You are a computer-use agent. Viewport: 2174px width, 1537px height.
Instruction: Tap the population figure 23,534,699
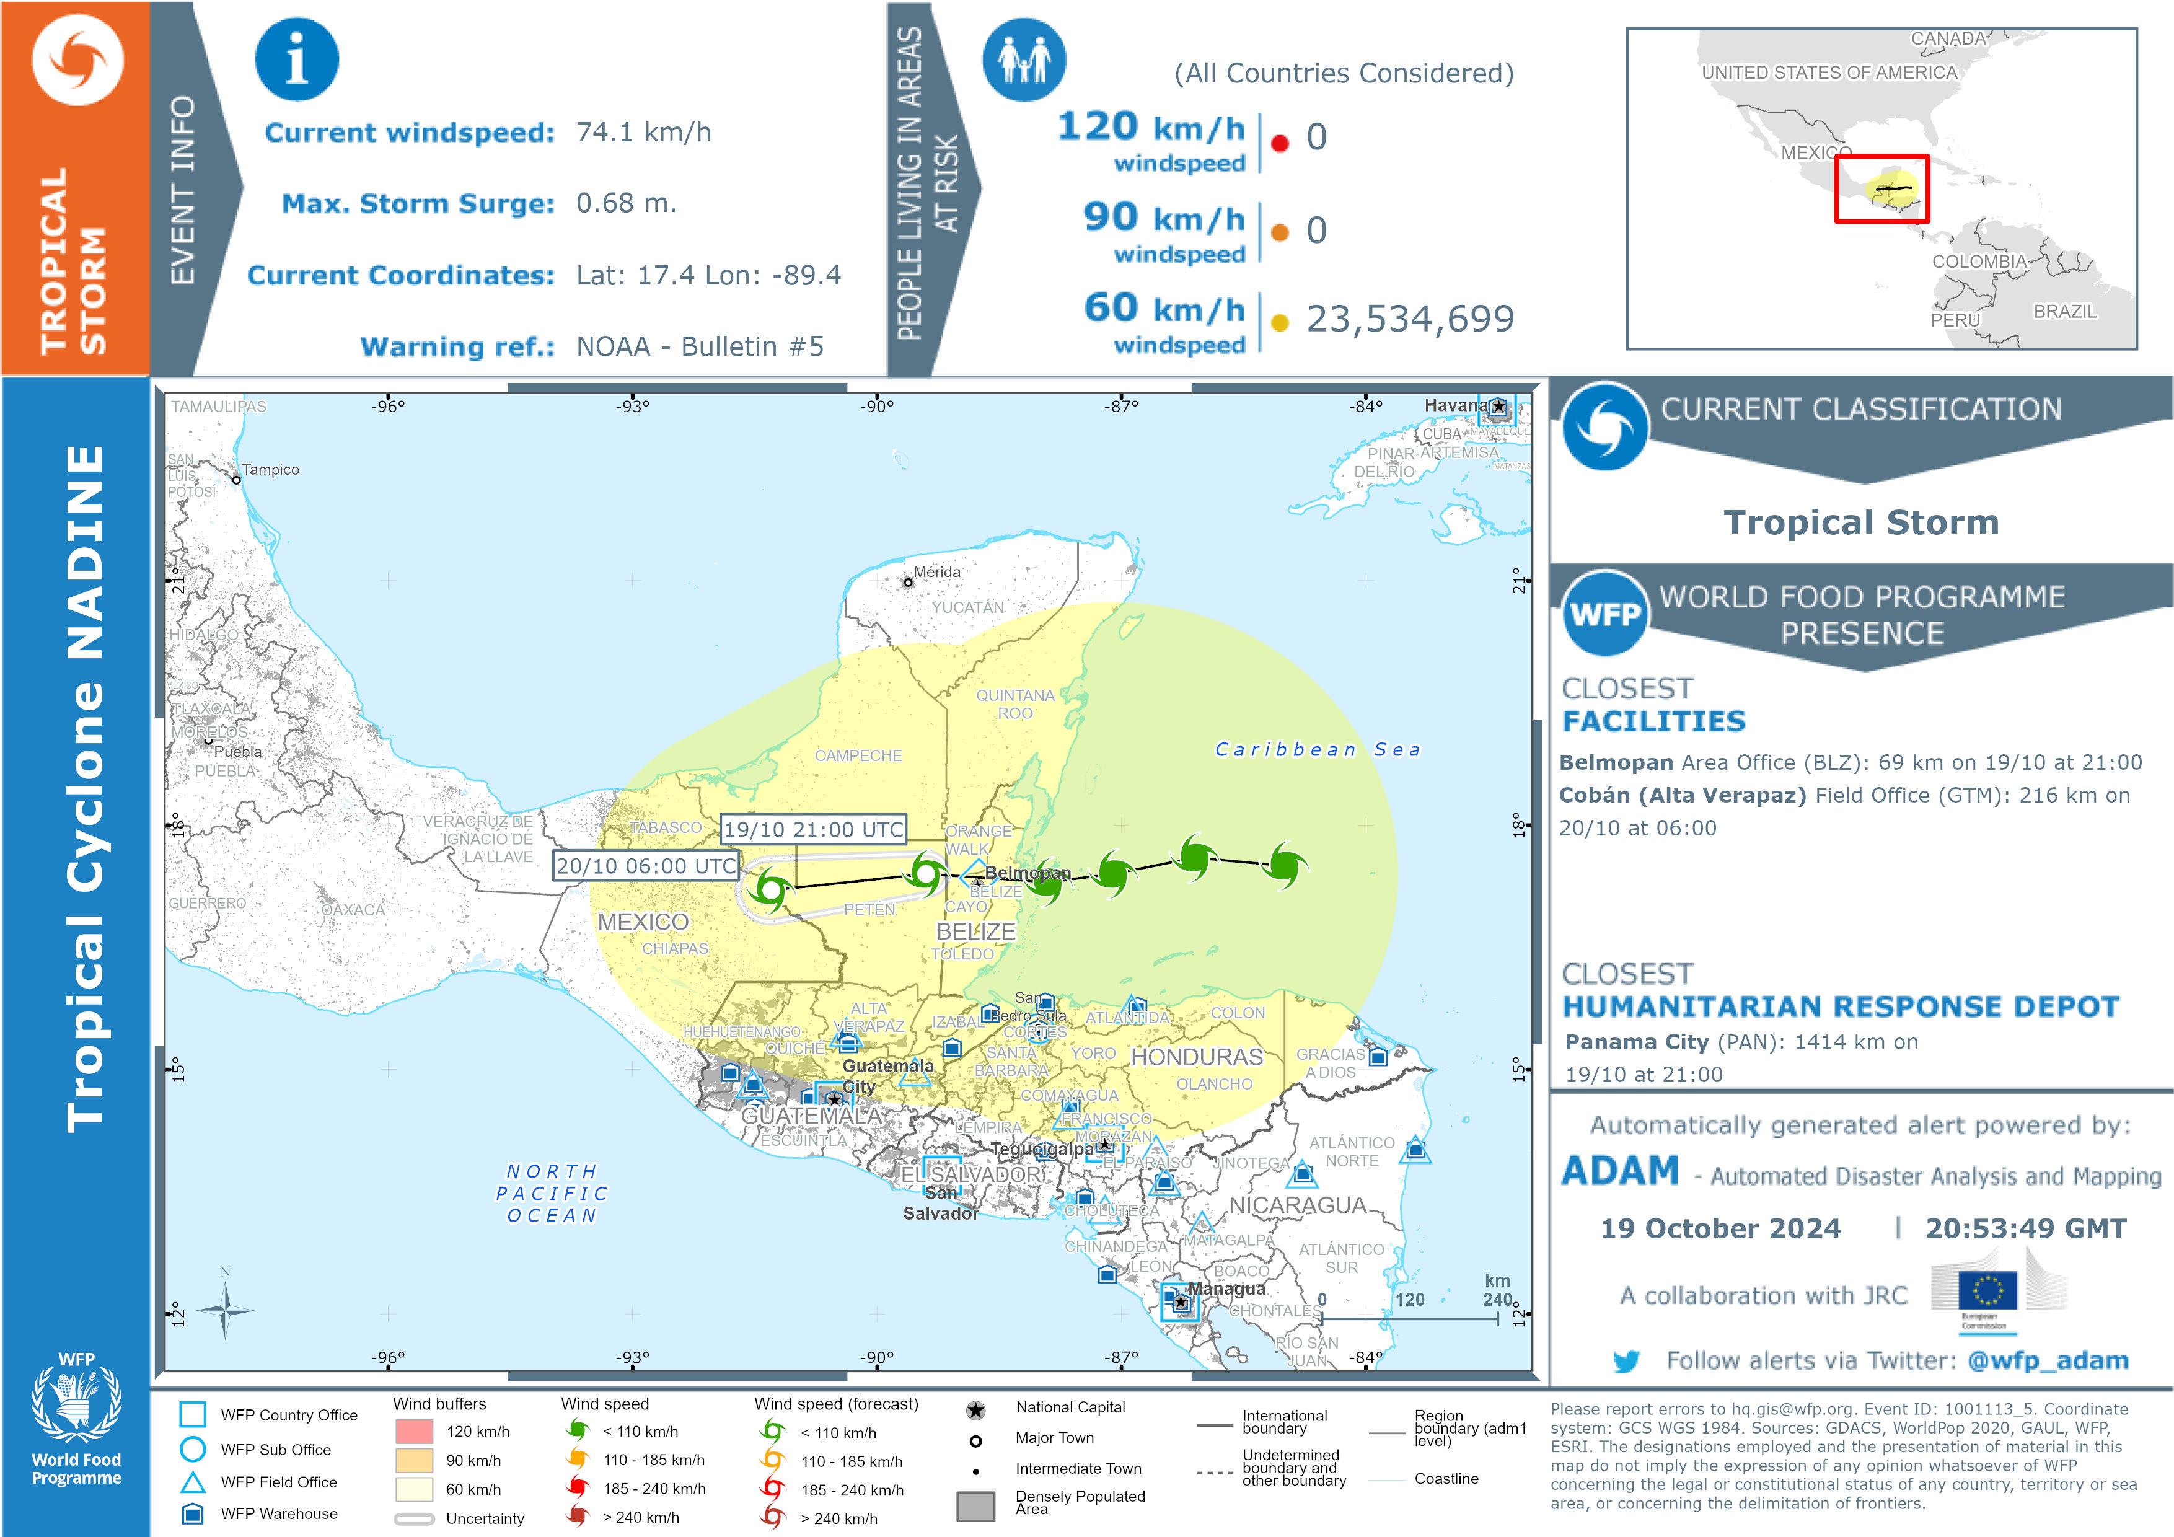pos(1410,319)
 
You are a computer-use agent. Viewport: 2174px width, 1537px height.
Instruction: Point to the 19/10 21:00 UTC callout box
pos(813,830)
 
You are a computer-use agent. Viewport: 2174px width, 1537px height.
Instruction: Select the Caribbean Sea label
pos(1317,749)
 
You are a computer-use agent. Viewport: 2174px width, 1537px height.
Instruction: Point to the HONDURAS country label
pos(1197,1057)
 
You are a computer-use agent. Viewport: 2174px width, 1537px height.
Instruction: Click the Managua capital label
pos(1226,1289)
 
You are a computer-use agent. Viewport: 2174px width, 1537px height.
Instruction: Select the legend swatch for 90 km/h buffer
pos(414,1460)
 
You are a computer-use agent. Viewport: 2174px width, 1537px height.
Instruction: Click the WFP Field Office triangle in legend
pos(193,1482)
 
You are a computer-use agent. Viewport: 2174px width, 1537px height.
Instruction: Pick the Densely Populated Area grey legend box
pos(975,1505)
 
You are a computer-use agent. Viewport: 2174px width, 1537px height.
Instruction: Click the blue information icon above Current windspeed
pos(296,59)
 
